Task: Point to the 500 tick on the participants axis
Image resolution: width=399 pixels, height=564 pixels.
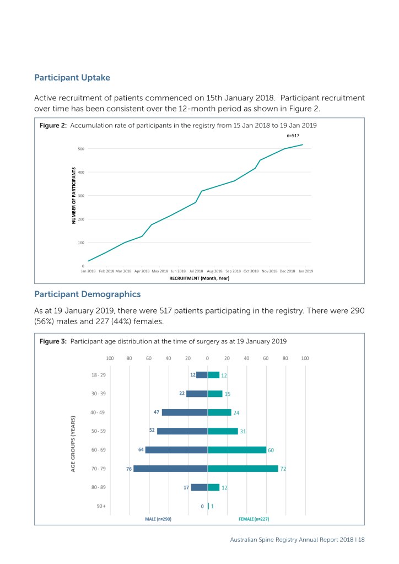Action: [x=80, y=149]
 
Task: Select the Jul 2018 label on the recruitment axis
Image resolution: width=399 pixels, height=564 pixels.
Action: [x=196, y=271]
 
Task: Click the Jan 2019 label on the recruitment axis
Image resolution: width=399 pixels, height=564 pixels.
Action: [x=305, y=271]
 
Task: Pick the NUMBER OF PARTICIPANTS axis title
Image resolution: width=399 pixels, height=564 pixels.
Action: [x=73, y=195]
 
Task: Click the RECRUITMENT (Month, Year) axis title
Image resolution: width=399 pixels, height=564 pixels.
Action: [x=199, y=278]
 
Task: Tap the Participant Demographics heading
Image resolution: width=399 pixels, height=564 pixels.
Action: [x=87, y=294]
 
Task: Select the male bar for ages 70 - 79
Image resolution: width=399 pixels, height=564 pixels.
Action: [x=170, y=469]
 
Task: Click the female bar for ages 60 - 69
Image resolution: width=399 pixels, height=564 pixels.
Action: [x=237, y=450]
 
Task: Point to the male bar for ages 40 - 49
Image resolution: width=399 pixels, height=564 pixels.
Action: [x=185, y=412]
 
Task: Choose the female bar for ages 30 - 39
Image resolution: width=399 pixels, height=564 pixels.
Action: [x=215, y=394]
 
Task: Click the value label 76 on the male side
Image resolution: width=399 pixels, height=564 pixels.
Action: [x=129, y=469]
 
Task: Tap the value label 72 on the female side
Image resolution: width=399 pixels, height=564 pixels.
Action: [x=284, y=469]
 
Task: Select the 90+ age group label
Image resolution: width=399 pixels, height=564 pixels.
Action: [x=100, y=506]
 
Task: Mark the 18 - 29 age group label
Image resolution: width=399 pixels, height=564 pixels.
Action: [x=98, y=375]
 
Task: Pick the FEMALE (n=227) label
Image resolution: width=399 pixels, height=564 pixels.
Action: [x=254, y=519]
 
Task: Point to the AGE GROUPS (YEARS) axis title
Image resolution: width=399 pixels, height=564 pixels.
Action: [x=73, y=443]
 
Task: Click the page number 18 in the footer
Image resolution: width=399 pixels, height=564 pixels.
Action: [x=361, y=540]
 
